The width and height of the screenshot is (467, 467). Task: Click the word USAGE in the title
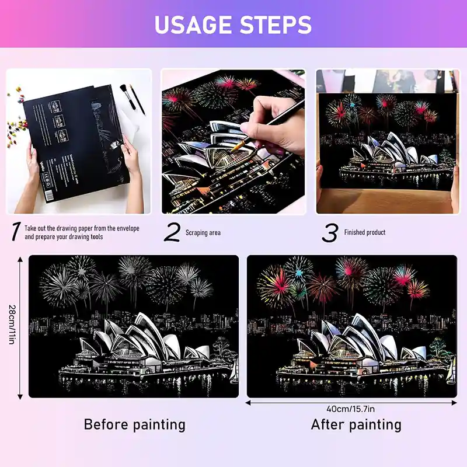click(x=193, y=25)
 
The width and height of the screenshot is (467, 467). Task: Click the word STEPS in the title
click(x=276, y=25)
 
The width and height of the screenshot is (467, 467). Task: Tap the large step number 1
click(x=16, y=231)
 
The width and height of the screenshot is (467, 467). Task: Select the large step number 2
click(x=172, y=232)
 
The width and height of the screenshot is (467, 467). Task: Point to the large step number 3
click(x=330, y=232)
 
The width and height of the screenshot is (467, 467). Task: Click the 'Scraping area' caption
click(x=203, y=232)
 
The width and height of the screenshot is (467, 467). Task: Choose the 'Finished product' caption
click(x=365, y=232)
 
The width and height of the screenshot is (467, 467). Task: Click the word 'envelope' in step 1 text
click(x=128, y=228)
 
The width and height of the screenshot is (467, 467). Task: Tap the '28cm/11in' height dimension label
click(x=12, y=325)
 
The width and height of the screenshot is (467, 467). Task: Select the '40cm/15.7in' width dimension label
click(x=351, y=409)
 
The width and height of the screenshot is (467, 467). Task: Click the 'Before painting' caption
click(x=135, y=424)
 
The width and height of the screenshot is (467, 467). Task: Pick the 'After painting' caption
click(x=356, y=424)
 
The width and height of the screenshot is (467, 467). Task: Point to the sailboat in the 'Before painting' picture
click(x=234, y=371)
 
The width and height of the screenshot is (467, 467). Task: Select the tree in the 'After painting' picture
click(x=438, y=347)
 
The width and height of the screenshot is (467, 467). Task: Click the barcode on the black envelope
click(x=50, y=196)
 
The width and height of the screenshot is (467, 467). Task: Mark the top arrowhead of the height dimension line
click(x=20, y=259)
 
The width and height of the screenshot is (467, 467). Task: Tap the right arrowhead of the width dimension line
click(x=454, y=403)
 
